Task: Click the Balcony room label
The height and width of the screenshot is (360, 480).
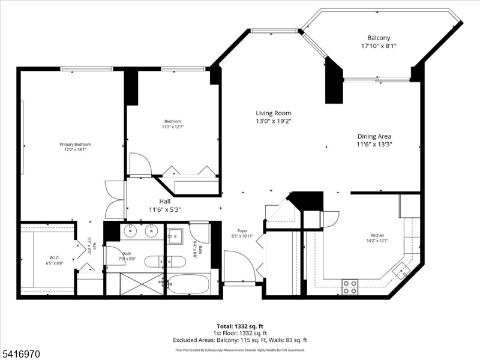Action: (x=379, y=38)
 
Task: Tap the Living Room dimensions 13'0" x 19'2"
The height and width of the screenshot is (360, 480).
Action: (x=274, y=121)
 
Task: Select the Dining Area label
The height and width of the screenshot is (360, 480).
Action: (x=374, y=136)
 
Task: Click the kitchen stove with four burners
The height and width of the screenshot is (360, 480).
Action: (x=350, y=287)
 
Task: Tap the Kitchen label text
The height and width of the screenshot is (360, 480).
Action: (x=377, y=235)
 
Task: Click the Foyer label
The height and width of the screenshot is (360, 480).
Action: (x=242, y=230)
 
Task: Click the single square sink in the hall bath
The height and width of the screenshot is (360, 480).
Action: (x=175, y=236)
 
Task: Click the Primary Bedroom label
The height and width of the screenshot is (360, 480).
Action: (x=75, y=145)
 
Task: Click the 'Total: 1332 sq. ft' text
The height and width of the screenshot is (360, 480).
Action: (x=240, y=326)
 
